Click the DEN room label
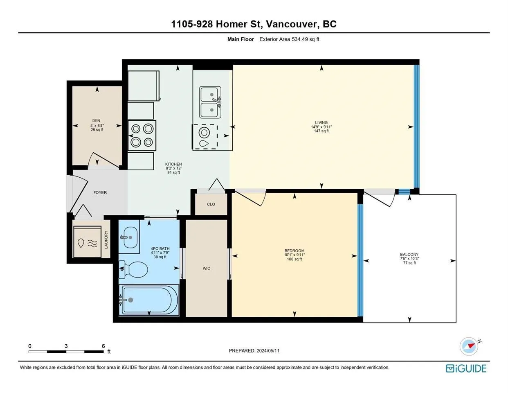(x=96, y=120)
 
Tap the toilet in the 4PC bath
(x=133, y=270)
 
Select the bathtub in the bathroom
(x=149, y=300)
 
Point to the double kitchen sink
(x=210, y=102)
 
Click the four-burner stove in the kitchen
(x=142, y=136)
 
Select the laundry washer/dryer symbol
(x=87, y=242)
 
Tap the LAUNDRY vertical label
(x=106, y=239)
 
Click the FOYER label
(x=100, y=192)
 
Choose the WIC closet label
(x=207, y=268)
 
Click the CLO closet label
(x=211, y=204)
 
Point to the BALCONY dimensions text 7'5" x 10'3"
(x=409, y=258)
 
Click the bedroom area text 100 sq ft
(x=294, y=259)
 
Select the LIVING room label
(x=321, y=122)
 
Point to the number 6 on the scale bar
(x=103, y=346)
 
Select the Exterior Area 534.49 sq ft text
(x=289, y=39)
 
